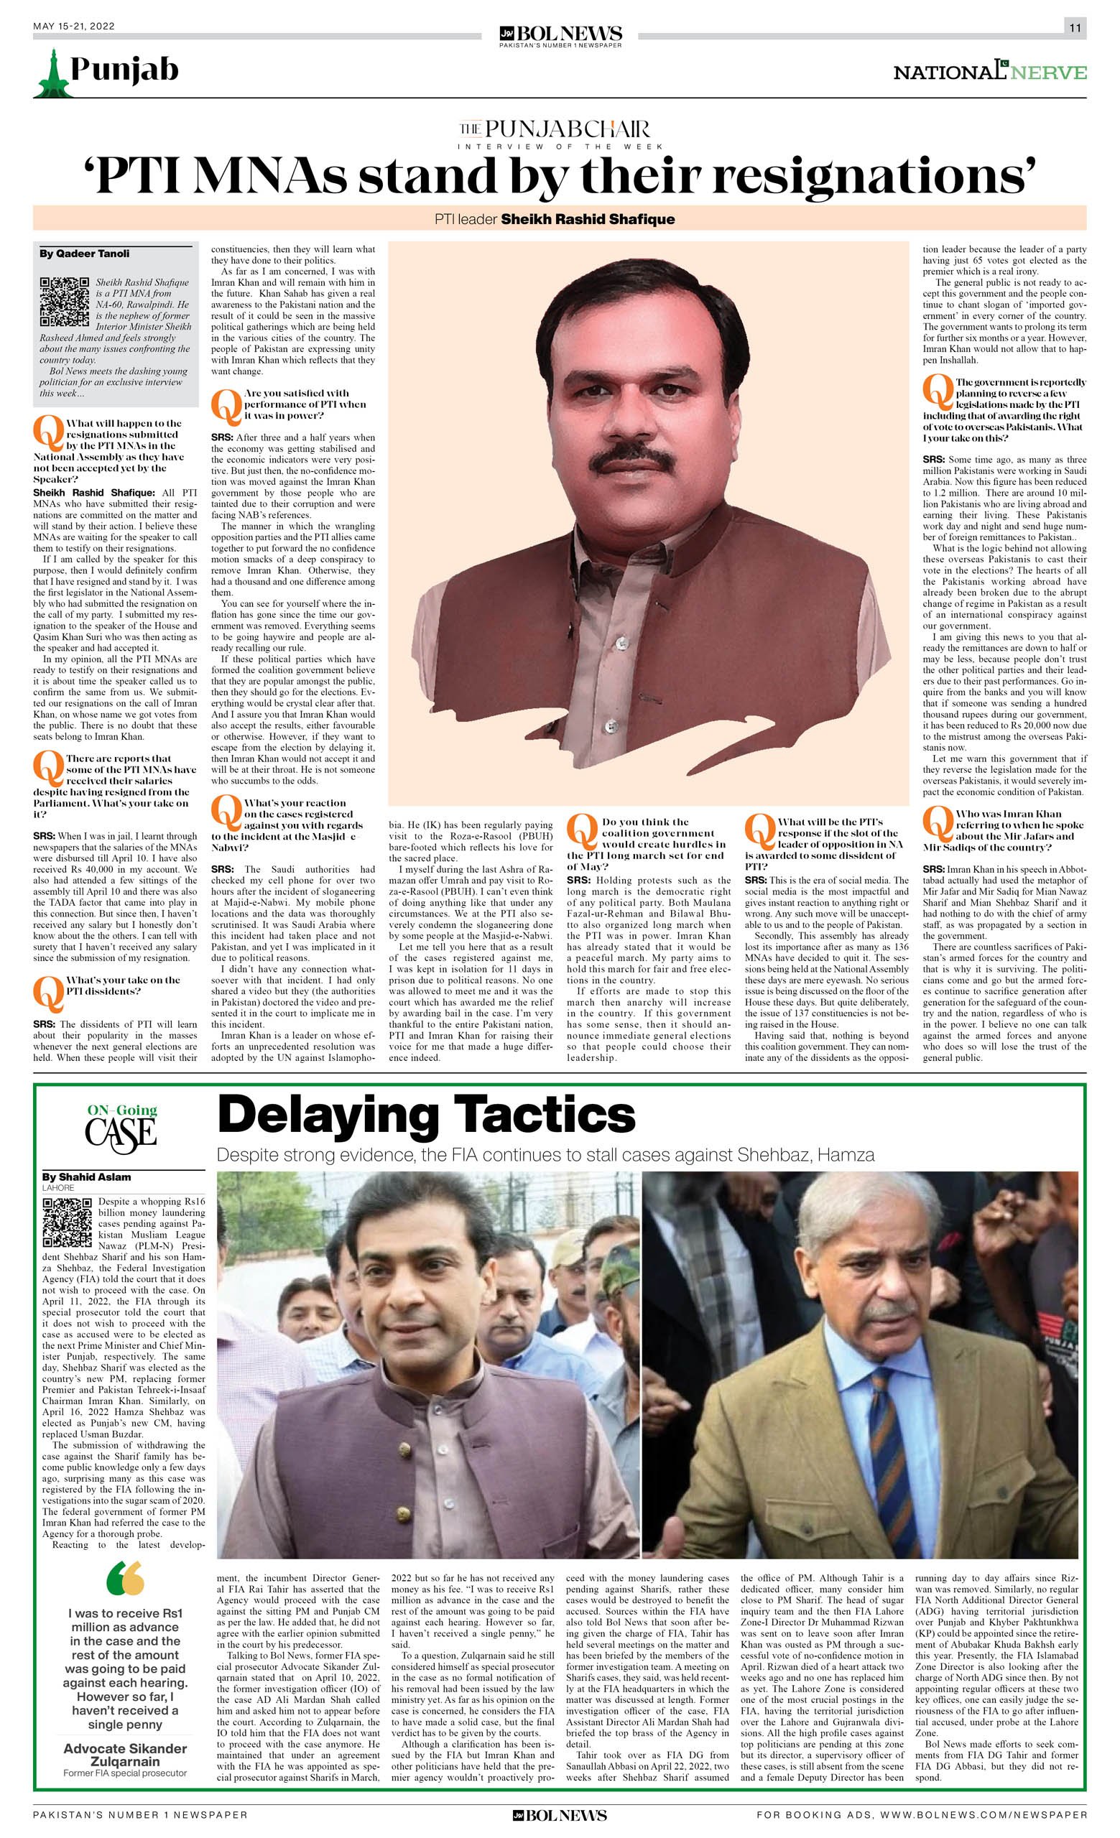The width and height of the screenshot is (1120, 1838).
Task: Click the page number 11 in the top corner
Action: (x=1075, y=28)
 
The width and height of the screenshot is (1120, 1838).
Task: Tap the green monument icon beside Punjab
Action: (x=50, y=73)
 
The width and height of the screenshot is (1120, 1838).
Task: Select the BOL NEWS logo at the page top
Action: (x=560, y=34)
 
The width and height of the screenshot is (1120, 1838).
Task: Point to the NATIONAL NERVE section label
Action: (x=989, y=73)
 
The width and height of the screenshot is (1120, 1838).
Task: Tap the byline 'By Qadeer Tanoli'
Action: (x=84, y=254)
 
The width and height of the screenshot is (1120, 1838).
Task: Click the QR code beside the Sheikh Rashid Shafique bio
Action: (x=64, y=302)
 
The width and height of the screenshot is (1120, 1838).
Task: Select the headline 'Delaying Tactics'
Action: (x=426, y=1116)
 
